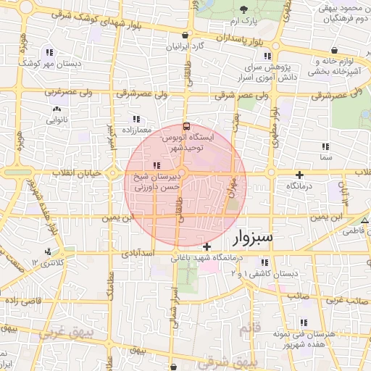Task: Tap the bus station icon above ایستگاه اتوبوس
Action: (x=187, y=125)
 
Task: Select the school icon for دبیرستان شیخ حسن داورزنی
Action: (x=157, y=166)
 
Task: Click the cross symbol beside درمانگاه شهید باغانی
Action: (x=208, y=247)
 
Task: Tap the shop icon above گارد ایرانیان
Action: (x=185, y=35)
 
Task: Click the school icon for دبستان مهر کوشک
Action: (x=49, y=52)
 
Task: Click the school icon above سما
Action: (x=325, y=146)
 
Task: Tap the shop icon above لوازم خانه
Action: (x=334, y=50)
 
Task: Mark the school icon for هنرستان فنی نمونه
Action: (x=303, y=322)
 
